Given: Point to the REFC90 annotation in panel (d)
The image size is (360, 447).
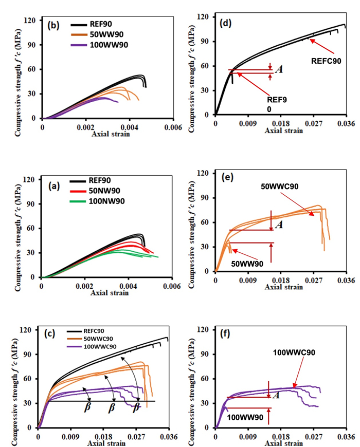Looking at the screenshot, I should point(326,60).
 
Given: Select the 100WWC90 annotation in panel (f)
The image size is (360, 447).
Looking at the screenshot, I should point(293,352).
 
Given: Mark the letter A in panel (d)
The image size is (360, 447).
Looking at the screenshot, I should point(279,69).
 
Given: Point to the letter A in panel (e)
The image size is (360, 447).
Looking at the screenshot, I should point(279,225).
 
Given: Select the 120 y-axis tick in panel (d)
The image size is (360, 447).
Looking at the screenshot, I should point(204,17).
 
